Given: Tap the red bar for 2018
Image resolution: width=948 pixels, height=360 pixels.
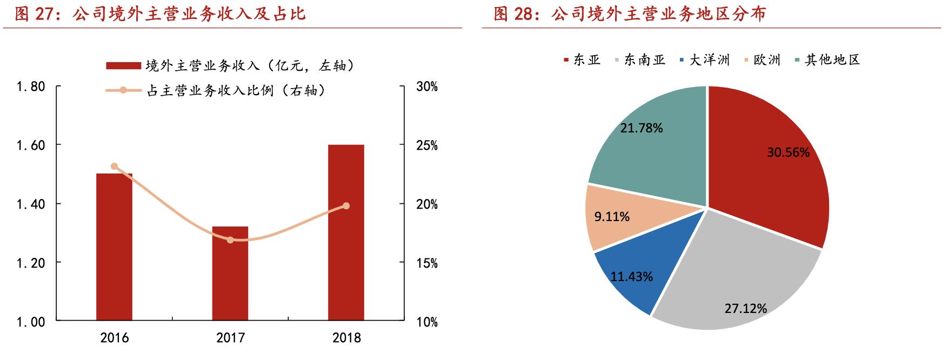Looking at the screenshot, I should tap(346, 232).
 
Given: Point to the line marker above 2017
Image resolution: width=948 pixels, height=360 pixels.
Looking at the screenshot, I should tap(230, 239).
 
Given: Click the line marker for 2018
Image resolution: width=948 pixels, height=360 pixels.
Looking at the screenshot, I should tap(346, 206).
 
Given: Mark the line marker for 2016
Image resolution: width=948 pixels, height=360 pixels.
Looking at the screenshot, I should tap(114, 166).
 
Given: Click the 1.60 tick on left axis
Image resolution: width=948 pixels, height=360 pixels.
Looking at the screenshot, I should tap(30, 145).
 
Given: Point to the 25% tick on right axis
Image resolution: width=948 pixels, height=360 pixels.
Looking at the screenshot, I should tap(427, 145).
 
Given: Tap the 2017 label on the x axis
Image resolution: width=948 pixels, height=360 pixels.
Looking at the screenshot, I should tap(230, 338).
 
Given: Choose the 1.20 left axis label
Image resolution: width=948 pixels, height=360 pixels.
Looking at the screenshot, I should tap(30, 263).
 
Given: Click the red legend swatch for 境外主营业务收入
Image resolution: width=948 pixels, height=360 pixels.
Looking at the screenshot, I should tap(123, 66).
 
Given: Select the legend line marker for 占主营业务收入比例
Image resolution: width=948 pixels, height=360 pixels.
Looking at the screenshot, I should tap(123, 90).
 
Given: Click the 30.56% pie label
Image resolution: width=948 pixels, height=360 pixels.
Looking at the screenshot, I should tap(788, 152).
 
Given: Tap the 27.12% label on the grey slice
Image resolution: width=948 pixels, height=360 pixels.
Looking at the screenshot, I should tap(745, 308).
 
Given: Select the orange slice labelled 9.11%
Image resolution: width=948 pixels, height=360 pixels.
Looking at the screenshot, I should tap(612, 217).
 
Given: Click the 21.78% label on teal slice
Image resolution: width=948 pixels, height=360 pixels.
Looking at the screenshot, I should tap(642, 128).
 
